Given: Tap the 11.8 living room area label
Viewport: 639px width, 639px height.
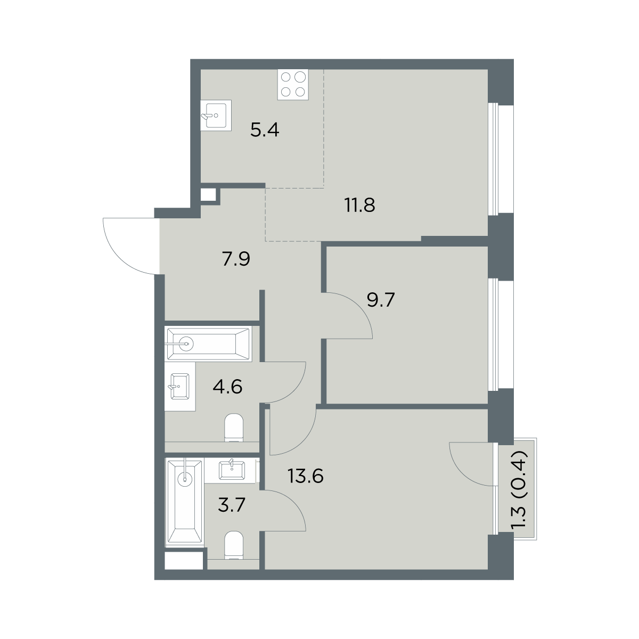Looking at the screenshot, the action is tap(360, 205).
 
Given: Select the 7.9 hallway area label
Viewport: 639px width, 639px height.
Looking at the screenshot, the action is tap(236, 259).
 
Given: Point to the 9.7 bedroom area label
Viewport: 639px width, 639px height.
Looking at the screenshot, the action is tap(381, 300).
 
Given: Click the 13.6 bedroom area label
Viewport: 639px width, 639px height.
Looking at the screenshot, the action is tap(306, 477).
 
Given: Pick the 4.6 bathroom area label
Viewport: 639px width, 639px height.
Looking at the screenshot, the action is tap(227, 387).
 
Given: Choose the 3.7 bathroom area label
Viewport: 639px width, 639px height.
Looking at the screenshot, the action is tap(232, 505).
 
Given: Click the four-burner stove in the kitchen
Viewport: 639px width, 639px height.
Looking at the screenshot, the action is tap(293, 85).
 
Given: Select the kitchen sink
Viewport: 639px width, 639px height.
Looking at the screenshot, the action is tap(216, 115).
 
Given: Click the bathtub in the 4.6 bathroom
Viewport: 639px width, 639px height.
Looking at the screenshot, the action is tap(208, 343).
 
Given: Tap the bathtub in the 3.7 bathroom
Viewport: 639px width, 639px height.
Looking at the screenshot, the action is tap(185, 502).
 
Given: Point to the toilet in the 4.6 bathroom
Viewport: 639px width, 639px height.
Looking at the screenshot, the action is tap(234, 428).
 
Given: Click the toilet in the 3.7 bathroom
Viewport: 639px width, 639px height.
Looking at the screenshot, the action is tap(234, 545).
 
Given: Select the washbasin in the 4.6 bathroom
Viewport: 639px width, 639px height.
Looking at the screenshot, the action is tap(180, 386).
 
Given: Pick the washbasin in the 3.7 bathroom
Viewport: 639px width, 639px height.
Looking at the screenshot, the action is tap(232, 470).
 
